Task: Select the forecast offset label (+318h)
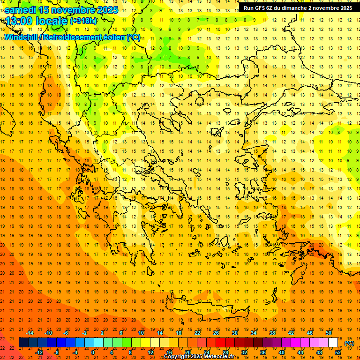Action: tap(83, 21)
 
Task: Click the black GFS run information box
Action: tap(298, 8)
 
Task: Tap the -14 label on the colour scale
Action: tap(30, 333)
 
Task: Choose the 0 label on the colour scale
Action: tap(92, 352)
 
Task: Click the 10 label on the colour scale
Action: tap(141, 333)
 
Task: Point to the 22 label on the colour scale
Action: tap(197, 333)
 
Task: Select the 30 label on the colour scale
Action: tap(234, 333)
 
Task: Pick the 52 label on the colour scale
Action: tap(338, 352)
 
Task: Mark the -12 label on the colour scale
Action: tap(39, 352)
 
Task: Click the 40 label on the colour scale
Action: tap(282, 352)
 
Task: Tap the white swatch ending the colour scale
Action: tap(333, 343)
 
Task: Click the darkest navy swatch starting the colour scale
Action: tap(23, 343)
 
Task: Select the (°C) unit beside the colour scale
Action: tap(349, 343)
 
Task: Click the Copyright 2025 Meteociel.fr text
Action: tap(199, 357)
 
